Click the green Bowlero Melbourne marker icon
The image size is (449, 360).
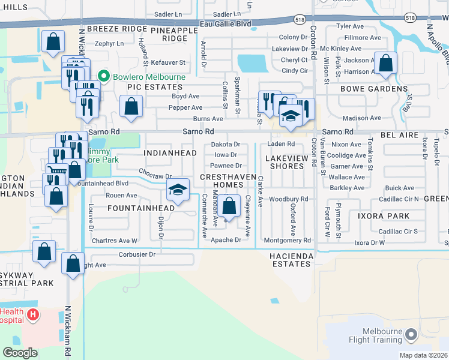click(104, 77)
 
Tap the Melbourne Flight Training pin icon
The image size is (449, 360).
click(411, 334)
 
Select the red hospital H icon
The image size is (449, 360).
click(33, 314)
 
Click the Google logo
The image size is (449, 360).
click(20, 352)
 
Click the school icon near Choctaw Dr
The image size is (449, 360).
click(178, 191)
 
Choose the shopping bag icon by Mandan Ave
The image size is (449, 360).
click(229, 206)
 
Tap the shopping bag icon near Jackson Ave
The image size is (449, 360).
click(385, 62)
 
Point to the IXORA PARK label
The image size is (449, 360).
click(384, 215)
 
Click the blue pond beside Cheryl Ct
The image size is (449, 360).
click(252, 63)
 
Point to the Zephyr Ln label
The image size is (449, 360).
click(109, 43)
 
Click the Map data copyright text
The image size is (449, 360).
click(422, 355)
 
